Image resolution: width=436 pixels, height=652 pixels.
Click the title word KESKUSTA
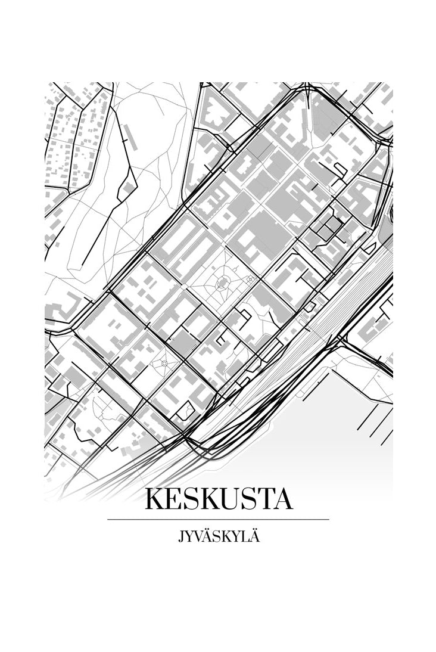pyautogui.click(x=219, y=499)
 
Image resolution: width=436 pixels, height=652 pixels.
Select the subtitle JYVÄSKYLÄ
pyautogui.click(x=218, y=538)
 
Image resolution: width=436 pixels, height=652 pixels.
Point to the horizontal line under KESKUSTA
pyautogui.click(x=218, y=520)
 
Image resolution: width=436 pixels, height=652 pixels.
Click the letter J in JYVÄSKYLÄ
pyautogui.click(x=180, y=538)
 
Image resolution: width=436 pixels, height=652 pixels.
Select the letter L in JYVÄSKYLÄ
pyautogui.click(x=243, y=538)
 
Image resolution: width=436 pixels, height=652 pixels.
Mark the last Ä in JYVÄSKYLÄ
pyautogui.click(x=254, y=538)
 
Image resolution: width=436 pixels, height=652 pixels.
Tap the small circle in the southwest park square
pyautogui.click(x=164, y=362)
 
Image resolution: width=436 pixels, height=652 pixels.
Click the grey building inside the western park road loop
pyautogui.click(x=126, y=190)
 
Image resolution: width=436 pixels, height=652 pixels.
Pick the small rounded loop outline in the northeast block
pyautogui.click(x=339, y=170)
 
